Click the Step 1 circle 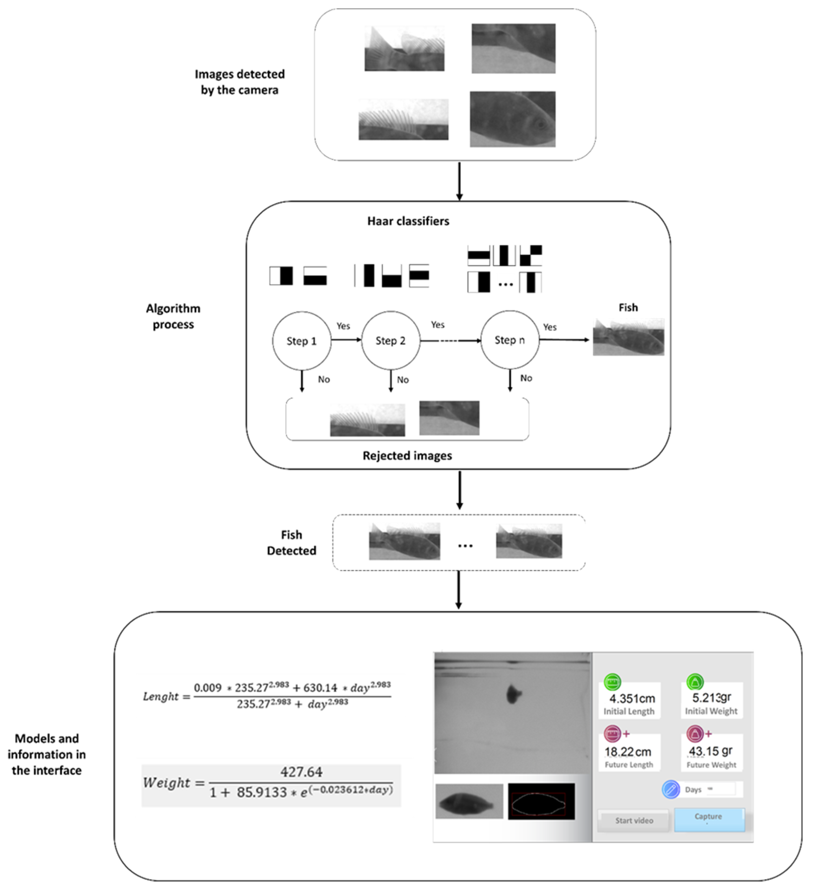point(301,341)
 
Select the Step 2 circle point(390,341)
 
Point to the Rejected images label point(407,456)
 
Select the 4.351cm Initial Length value point(632,699)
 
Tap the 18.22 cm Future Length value point(628,752)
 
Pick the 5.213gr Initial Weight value point(711,698)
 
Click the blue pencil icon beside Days point(671,789)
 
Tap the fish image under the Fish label point(628,337)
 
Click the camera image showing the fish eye point(512,119)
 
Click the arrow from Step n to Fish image point(564,340)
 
